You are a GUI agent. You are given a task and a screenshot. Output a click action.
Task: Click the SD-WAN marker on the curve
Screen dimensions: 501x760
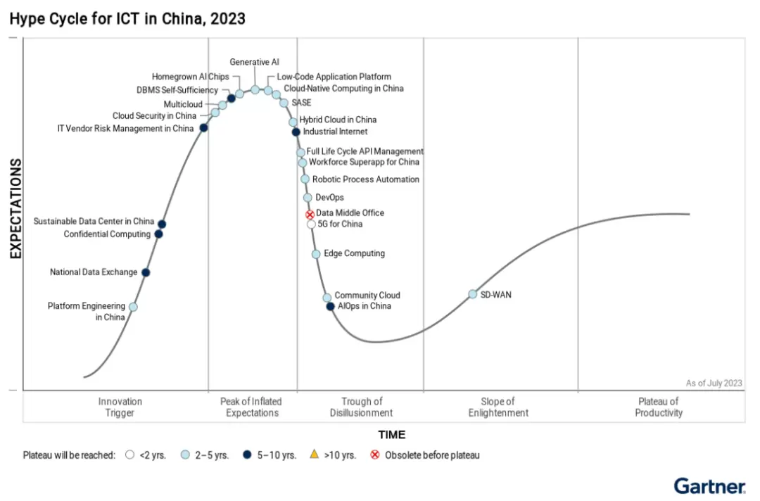coord(473,294)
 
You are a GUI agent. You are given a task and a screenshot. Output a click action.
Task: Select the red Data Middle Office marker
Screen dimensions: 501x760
coord(310,214)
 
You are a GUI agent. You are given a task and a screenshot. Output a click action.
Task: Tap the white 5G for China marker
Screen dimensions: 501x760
coord(311,224)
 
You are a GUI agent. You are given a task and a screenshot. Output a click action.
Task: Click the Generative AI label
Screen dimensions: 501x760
coord(254,63)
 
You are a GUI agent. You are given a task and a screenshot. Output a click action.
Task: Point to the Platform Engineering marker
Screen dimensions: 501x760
coord(133,307)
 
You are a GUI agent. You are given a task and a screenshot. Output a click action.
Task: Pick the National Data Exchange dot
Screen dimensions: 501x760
coord(146,272)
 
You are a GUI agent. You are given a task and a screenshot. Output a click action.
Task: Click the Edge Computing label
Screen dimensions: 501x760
coord(354,253)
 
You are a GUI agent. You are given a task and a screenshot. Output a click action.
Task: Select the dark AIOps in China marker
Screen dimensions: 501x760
coord(330,306)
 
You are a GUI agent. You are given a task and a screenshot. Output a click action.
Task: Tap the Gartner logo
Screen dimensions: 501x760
coord(709,486)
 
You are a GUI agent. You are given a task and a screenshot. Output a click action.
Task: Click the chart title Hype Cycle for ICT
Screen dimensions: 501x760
coord(127,19)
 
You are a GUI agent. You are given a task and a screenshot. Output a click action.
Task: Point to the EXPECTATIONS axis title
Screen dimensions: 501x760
coord(15,209)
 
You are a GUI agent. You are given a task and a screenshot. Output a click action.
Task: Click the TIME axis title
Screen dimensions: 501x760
coord(391,435)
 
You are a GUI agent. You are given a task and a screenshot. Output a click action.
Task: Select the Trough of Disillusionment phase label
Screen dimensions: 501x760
coord(361,407)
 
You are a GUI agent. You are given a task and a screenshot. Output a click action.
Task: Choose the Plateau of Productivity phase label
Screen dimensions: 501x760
coord(659,407)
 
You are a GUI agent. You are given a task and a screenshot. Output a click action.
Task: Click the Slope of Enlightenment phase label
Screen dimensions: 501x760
coord(498,407)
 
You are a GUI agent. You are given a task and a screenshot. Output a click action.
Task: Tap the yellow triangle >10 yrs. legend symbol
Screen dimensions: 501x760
coord(314,455)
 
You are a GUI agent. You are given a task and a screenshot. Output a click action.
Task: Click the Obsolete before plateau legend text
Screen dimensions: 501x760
coord(431,455)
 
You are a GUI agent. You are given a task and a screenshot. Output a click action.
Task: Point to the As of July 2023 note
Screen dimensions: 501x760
coord(714,383)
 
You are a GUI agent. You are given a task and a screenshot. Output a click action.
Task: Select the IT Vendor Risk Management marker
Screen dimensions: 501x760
coord(203,127)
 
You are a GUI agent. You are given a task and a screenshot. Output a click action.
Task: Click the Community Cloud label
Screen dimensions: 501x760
coord(367,296)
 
